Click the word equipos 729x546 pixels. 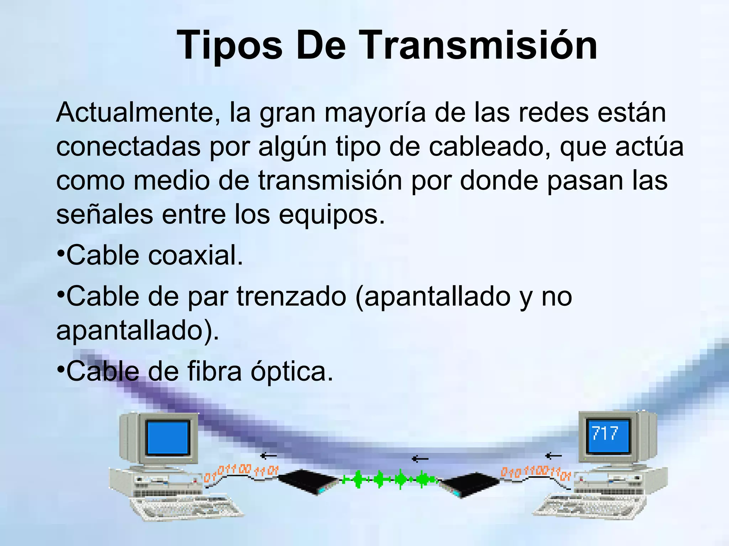coord(331,215)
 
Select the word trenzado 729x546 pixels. coord(291,296)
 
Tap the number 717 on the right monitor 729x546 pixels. coord(605,434)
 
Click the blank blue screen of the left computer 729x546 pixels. coord(167,437)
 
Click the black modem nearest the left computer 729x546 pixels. coord(308,482)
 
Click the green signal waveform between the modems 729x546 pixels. coord(390,480)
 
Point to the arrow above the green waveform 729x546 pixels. coord(420,459)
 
